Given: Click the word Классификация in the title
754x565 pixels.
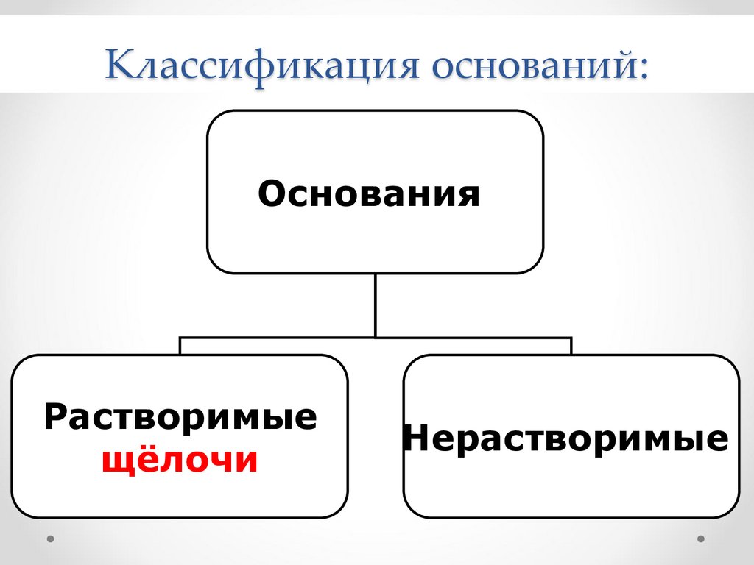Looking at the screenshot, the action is click(x=264, y=65).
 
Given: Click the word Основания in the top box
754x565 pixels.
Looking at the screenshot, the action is click(x=369, y=195).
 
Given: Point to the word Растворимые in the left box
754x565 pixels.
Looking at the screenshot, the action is click(x=180, y=417).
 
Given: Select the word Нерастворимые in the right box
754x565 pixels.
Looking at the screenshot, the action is click(x=565, y=439).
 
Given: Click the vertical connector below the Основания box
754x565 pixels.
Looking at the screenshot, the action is click(x=376, y=305).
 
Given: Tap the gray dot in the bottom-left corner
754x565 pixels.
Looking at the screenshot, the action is click(x=50, y=539).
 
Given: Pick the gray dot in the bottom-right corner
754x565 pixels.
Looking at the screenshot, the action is click(x=701, y=539).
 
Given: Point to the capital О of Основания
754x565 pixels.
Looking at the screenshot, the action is click(x=272, y=195).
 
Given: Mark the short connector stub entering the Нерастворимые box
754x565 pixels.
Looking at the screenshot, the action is click(x=571, y=347).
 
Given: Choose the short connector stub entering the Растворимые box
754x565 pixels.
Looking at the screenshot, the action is click(x=180, y=347).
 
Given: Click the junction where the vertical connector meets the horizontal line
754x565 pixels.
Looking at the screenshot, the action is click(x=376, y=338).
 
